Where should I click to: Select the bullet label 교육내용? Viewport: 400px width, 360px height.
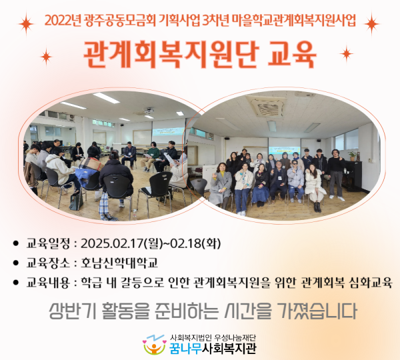coord(49,282)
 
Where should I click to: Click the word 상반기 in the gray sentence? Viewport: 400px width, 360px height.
coord(71,311)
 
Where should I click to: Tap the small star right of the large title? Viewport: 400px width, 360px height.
coord(346,53)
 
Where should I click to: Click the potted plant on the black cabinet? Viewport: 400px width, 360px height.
coord(353,154)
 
